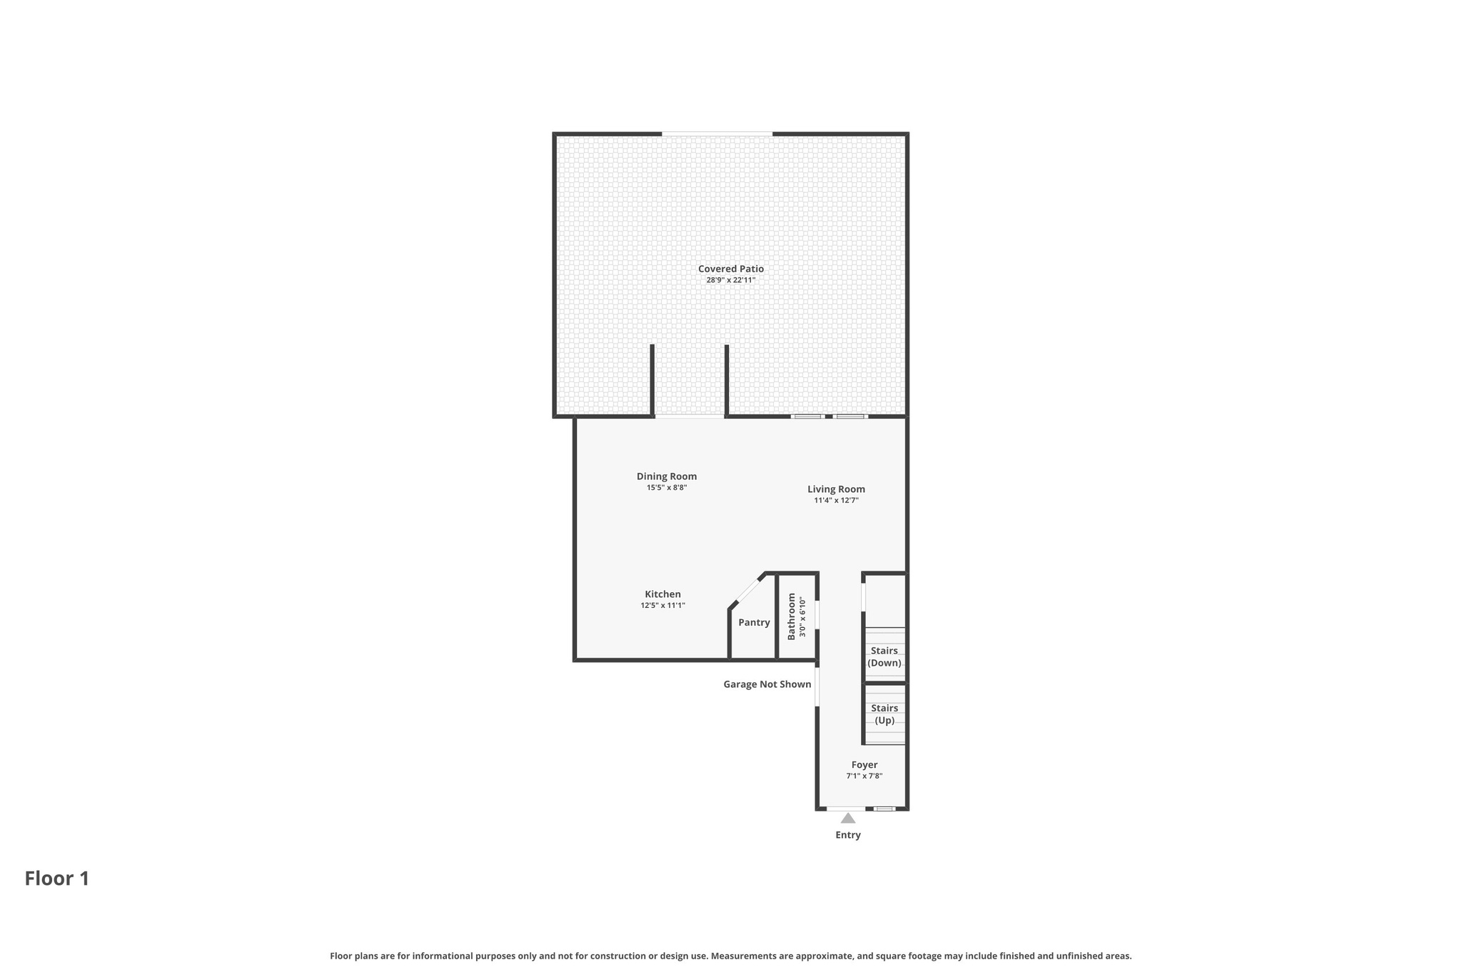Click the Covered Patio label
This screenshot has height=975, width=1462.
pyautogui.click(x=730, y=269)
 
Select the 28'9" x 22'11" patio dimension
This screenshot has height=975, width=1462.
pyautogui.click(x=730, y=280)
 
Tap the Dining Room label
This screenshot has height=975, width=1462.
pyautogui.click(x=667, y=476)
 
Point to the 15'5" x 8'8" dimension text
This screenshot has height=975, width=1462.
pyautogui.click(x=667, y=488)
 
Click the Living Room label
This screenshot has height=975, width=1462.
pyautogui.click(x=836, y=489)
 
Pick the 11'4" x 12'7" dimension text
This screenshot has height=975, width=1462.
pyautogui.click(x=836, y=501)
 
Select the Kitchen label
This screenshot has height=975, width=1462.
pyautogui.click(x=662, y=594)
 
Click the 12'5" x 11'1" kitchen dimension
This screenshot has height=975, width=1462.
pyautogui.click(x=662, y=606)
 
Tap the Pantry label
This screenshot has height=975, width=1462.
pyautogui.click(x=754, y=623)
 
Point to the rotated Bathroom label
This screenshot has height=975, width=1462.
pyautogui.click(x=791, y=616)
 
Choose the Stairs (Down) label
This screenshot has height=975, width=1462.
pyautogui.click(x=884, y=656)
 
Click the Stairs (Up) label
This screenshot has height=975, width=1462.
pyautogui.click(x=884, y=714)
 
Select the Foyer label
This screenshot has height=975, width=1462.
pyautogui.click(x=864, y=765)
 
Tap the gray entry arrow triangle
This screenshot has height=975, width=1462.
pyautogui.click(x=848, y=819)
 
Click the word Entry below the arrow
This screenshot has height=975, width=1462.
pyautogui.click(x=848, y=835)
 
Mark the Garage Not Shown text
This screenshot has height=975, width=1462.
pyautogui.click(x=767, y=684)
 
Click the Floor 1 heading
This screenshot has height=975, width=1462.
pyautogui.click(x=57, y=879)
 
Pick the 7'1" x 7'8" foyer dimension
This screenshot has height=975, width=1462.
pyautogui.click(x=864, y=776)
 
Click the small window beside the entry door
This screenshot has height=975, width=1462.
pyautogui.click(x=884, y=809)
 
